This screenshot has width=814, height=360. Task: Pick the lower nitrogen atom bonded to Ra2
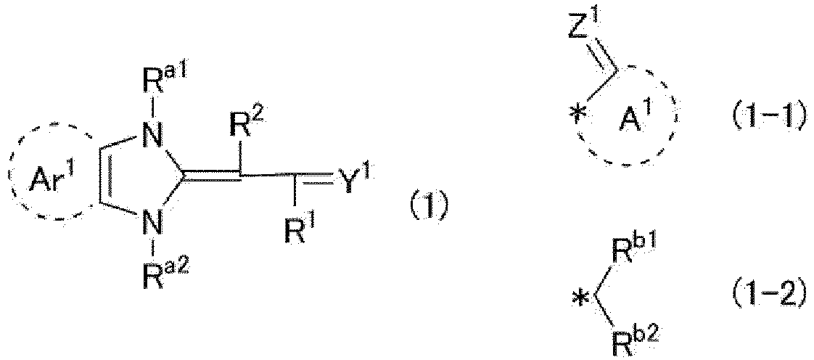(152, 224)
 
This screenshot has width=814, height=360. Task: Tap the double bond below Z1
(602, 57)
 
